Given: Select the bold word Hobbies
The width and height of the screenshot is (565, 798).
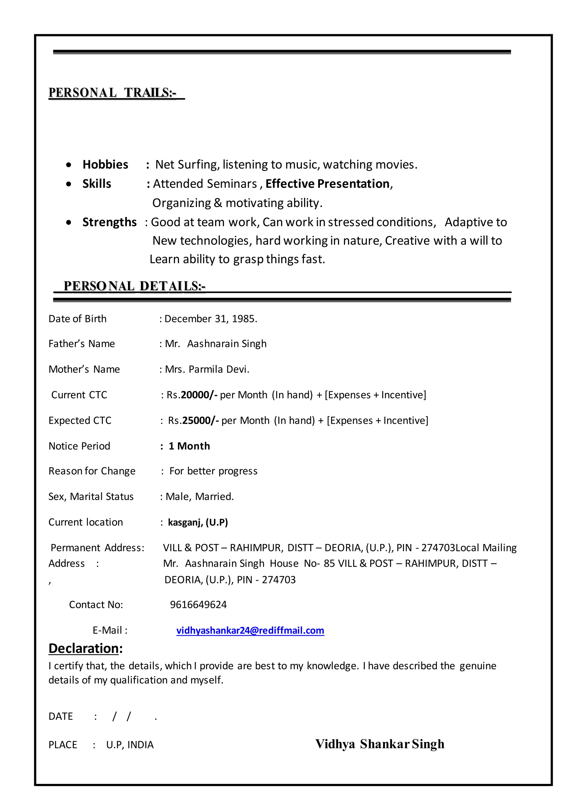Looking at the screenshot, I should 105,165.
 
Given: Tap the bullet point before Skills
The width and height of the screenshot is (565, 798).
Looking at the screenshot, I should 69,184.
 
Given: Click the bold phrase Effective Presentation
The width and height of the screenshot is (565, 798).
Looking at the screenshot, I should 327,184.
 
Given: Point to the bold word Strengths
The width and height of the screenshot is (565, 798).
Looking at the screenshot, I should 109,222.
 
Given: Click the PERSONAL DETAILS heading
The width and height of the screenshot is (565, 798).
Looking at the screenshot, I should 134,286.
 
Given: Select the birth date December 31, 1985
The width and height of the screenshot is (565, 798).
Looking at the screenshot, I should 210,319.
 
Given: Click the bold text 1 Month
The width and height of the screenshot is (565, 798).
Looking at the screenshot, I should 189,446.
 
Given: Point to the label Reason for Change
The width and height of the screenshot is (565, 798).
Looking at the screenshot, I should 92,471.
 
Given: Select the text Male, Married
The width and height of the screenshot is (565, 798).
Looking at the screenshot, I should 200,497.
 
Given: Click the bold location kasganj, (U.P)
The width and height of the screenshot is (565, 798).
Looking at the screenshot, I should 198,522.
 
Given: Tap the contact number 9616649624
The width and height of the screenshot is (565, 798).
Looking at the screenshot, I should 198,605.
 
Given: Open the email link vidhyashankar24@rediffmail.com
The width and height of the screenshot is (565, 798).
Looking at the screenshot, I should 250,630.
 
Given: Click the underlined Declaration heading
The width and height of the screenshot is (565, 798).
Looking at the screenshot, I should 85,648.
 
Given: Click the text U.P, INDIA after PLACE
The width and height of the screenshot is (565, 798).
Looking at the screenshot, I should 130,745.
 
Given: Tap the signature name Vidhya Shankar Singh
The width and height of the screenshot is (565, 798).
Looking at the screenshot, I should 380,744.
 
